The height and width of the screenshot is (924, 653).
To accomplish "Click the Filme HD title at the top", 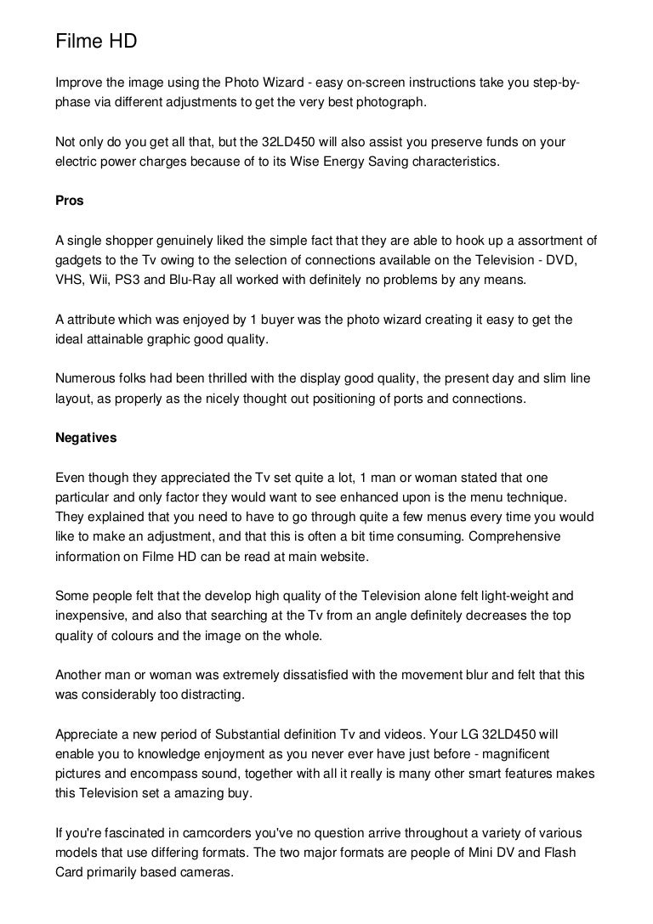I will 96,41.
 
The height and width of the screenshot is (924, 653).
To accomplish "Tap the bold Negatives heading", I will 87,439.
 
